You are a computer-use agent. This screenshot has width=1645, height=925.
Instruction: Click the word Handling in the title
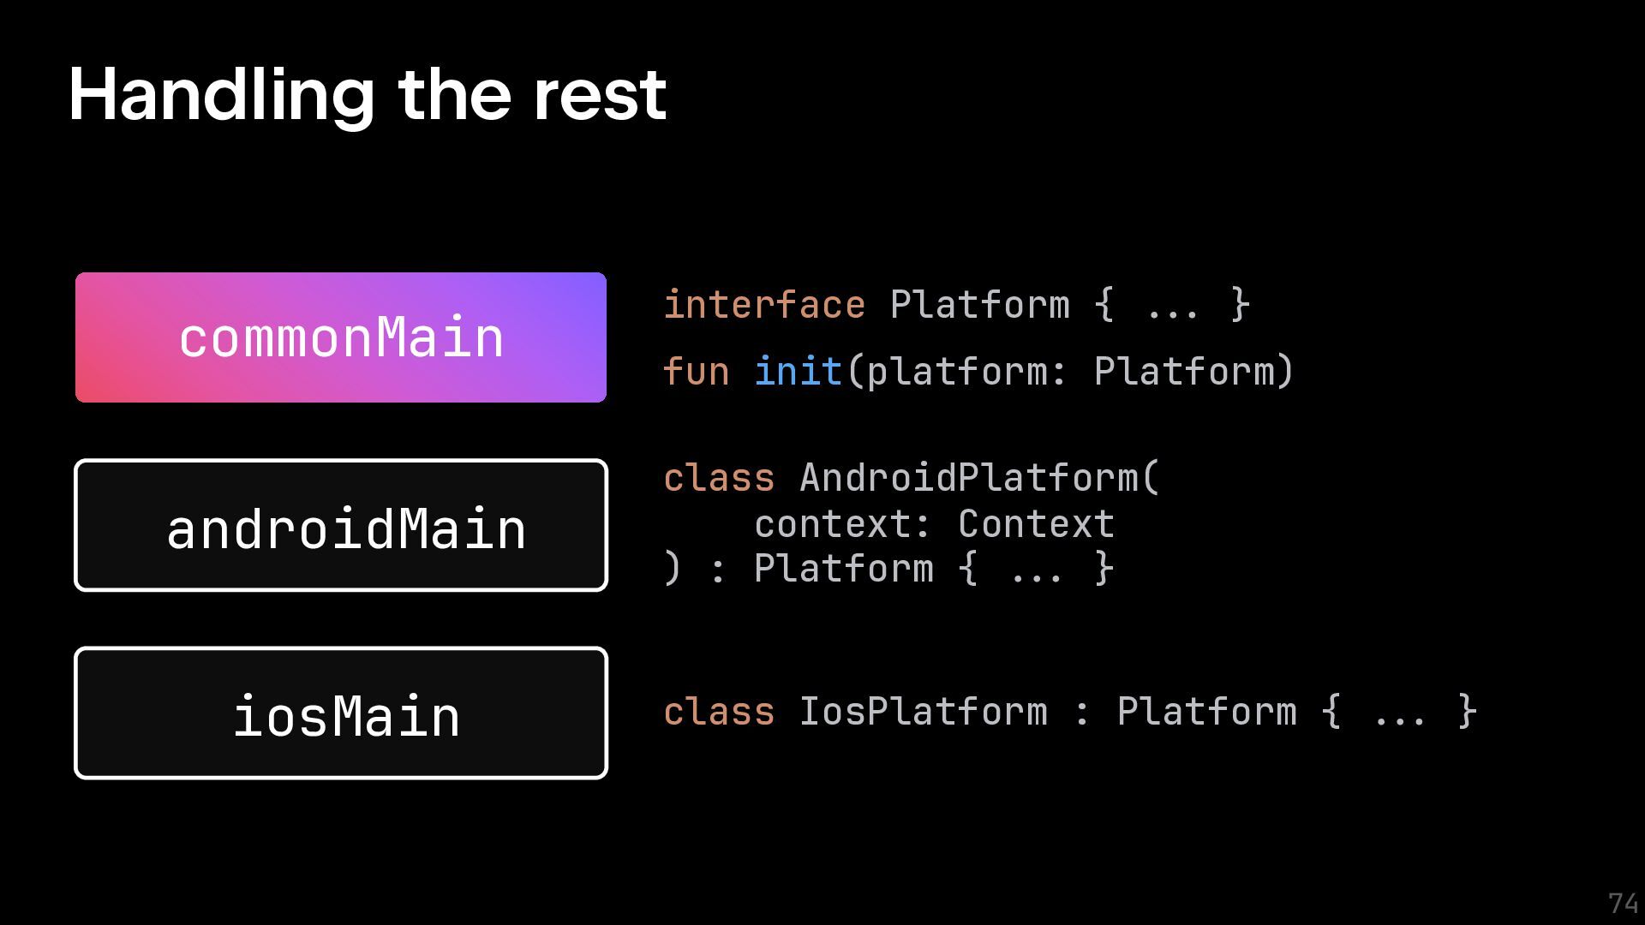[221, 96]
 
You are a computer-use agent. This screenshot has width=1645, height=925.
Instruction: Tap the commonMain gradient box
[341, 337]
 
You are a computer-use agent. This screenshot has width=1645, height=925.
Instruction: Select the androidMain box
[341, 525]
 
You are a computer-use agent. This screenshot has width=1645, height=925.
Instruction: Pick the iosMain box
[341, 713]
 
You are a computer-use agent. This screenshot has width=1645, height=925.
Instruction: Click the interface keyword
[764, 305]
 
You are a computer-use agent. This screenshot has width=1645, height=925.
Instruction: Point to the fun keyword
[696, 372]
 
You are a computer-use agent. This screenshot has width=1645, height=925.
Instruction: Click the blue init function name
[799, 372]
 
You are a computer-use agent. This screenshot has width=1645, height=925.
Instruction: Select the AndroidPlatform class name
[969, 478]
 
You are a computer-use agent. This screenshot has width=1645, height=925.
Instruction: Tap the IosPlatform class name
[923, 712]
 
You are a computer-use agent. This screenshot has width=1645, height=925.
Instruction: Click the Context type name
[1036, 524]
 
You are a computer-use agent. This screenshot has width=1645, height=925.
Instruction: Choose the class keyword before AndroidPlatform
[719, 478]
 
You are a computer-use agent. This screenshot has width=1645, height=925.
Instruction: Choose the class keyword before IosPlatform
[719, 712]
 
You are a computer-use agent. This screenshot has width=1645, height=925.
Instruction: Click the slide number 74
[1623, 904]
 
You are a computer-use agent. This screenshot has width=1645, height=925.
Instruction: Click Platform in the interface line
[979, 305]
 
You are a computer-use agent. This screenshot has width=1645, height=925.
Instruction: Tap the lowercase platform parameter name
[957, 372]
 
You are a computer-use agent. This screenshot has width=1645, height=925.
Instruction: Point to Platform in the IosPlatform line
[1206, 712]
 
